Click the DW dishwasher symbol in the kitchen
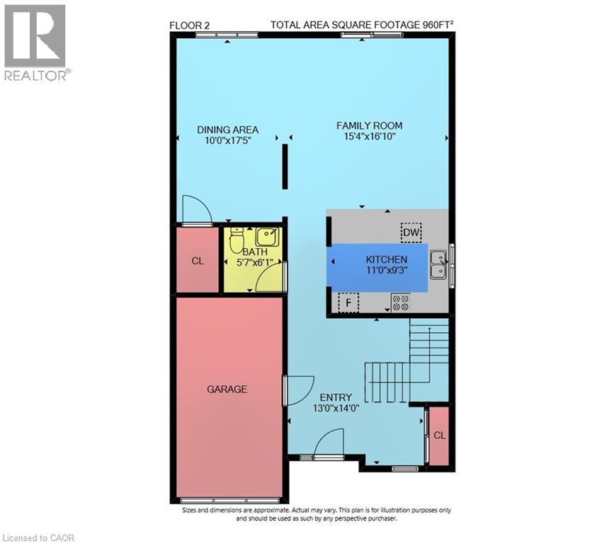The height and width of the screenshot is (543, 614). [x=411, y=232]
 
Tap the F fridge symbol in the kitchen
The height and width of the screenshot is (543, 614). [x=348, y=303]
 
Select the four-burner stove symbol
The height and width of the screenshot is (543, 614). [x=400, y=303]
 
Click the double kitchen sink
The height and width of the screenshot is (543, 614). [x=438, y=262]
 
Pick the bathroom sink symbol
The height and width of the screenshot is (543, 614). [x=266, y=235]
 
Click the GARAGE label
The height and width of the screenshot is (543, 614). [x=227, y=389]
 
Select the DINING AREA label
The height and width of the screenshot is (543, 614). [x=227, y=129]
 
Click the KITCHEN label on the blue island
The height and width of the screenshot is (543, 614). [x=386, y=259]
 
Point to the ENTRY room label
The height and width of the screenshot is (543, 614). [x=335, y=397]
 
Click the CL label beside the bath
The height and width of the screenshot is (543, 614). [x=198, y=261]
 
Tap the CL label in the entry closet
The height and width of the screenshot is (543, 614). [x=439, y=435]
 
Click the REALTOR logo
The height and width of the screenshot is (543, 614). [x=35, y=42]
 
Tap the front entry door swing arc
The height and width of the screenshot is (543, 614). [x=328, y=445]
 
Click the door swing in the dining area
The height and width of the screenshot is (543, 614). [x=195, y=209]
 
